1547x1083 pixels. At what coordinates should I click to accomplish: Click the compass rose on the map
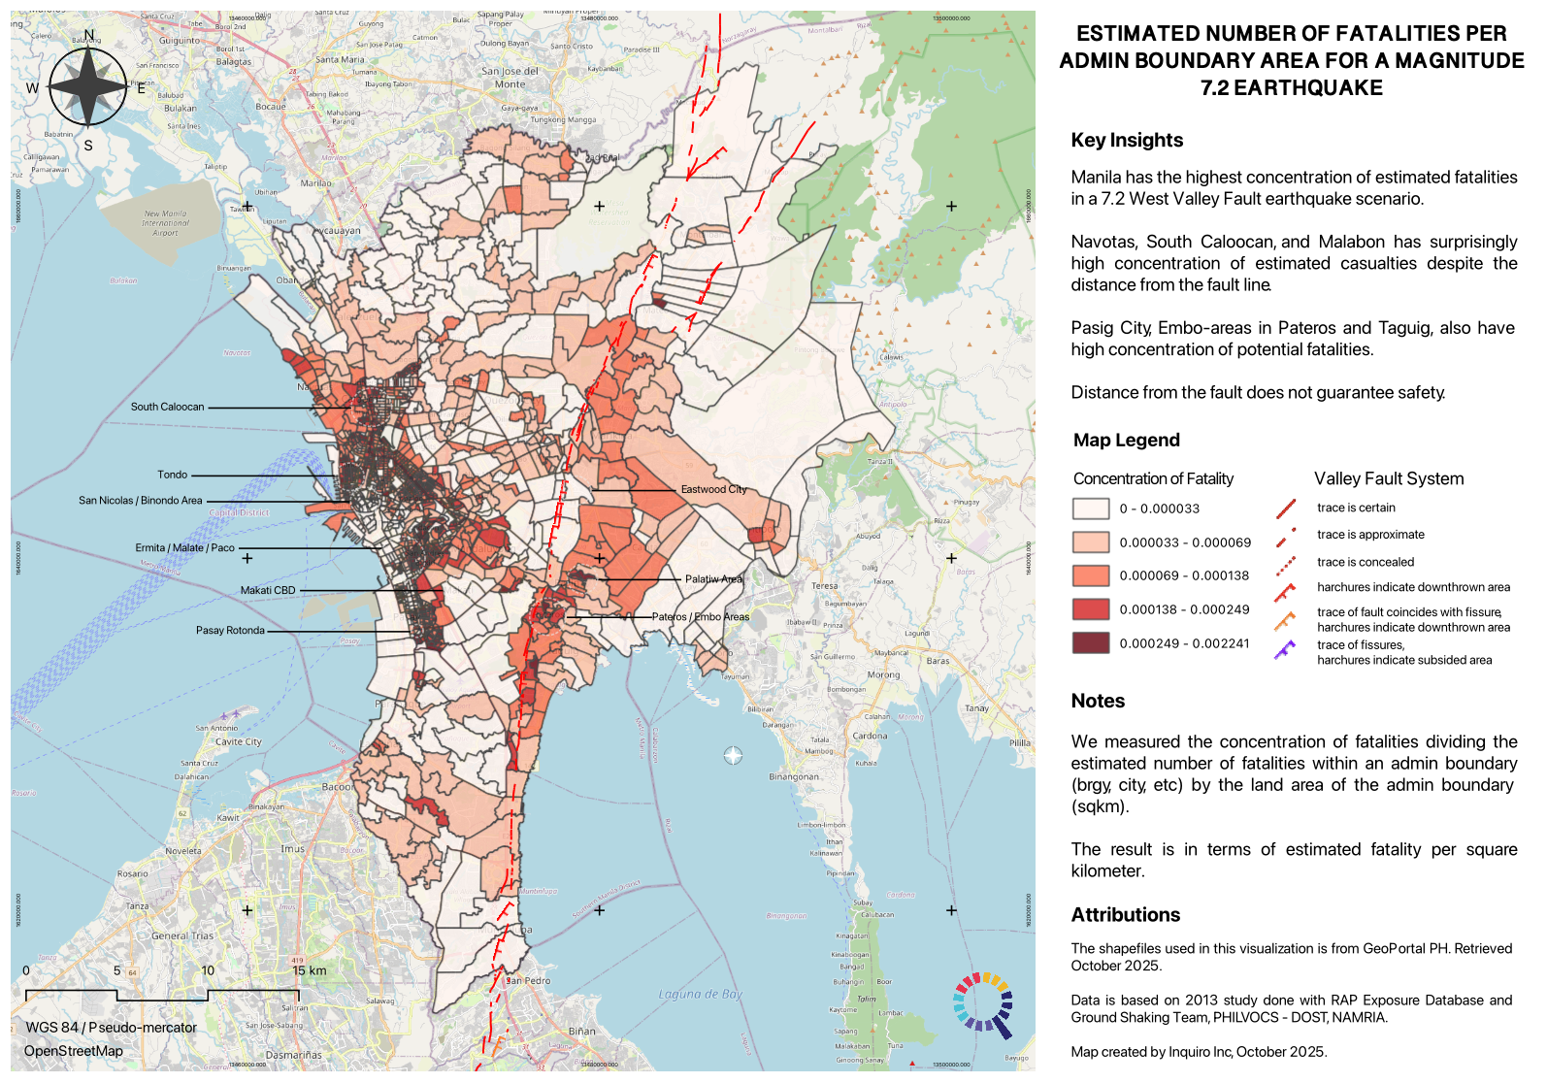(x=88, y=87)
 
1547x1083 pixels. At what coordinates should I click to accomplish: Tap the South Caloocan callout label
(x=167, y=407)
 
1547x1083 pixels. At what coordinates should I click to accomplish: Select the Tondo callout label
(x=173, y=475)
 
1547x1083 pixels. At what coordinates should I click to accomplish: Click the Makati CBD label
(x=268, y=590)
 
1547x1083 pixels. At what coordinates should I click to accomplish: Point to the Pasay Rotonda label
(x=230, y=630)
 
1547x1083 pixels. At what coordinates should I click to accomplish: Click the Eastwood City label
(x=713, y=489)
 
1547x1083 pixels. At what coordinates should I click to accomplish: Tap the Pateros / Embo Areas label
(x=701, y=616)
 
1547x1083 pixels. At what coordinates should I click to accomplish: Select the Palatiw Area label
(x=713, y=578)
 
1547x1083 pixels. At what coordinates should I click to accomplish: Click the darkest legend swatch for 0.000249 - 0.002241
(x=1090, y=642)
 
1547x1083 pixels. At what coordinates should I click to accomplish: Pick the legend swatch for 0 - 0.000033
(x=1090, y=509)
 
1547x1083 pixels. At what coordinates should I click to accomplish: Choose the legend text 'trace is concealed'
(x=1365, y=562)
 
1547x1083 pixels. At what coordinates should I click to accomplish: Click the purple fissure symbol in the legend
(x=1285, y=650)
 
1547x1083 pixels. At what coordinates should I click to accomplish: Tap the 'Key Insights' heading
(x=1126, y=140)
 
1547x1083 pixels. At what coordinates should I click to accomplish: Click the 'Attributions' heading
(x=1125, y=914)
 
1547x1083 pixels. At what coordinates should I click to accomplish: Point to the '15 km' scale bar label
(x=310, y=970)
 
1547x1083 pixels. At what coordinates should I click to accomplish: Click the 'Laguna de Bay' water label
(x=700, y=994)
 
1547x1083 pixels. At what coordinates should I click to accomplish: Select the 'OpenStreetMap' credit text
(x=74, y=1051)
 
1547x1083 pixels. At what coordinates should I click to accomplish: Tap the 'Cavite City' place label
(x=239, y=741)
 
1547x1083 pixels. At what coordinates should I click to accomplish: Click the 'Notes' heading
(x=1098, y=701)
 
